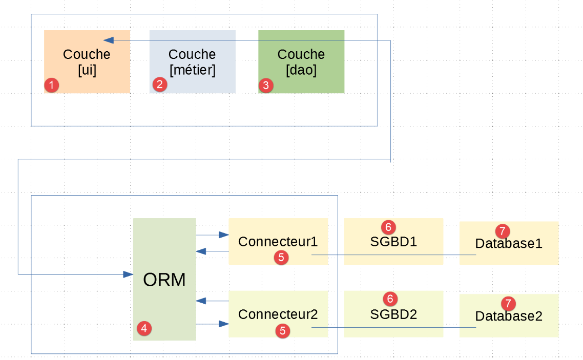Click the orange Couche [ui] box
point(87,62)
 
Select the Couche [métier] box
point(192,62)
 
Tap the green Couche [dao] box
point(301,62)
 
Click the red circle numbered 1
point(52,85)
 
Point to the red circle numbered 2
point(160,84)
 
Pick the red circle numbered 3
point(265,85)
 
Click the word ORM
point(164,280)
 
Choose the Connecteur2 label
point(278,314)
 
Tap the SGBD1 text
point(393,241)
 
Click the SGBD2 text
point(393,314)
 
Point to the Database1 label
point(509,244)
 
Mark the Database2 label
point(509,316)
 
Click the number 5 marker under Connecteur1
point(281,258)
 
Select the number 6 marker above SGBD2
point(389,299)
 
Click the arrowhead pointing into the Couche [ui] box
point(108,40)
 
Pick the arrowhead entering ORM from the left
point(128,275)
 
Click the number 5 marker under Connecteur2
point(281,331)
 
